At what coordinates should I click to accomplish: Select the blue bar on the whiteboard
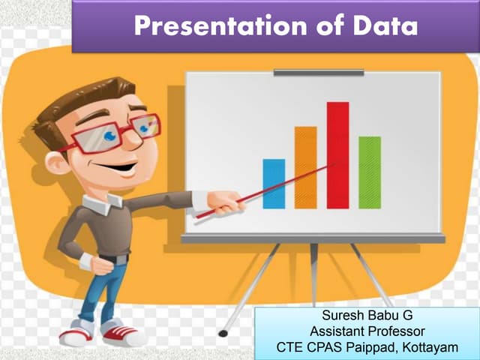pos(274,184)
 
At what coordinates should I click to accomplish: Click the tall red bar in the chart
pos(337,154)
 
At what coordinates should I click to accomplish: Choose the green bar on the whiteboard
pos(370,172)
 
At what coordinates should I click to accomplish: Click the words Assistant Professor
pos(367,331)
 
